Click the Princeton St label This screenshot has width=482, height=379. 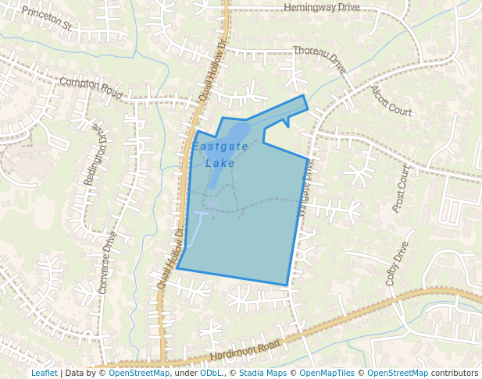(x=46, y=19)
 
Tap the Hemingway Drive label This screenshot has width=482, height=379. (x=322, y=7)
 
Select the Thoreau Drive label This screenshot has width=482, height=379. (x=320, y=60)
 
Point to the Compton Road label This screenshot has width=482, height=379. (x=91, y=87)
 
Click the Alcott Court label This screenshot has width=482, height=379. (x=391, y=101)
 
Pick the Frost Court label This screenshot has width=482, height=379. (x=400, y=189)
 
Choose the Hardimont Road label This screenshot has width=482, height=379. (x=245, y=351)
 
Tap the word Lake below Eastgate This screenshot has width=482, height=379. (x=220, y=163)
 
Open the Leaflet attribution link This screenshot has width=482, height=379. (x=45, y=373)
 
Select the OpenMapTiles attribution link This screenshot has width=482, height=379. (x=328, y=373)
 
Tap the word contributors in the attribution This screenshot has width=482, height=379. (x=455, y=373)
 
